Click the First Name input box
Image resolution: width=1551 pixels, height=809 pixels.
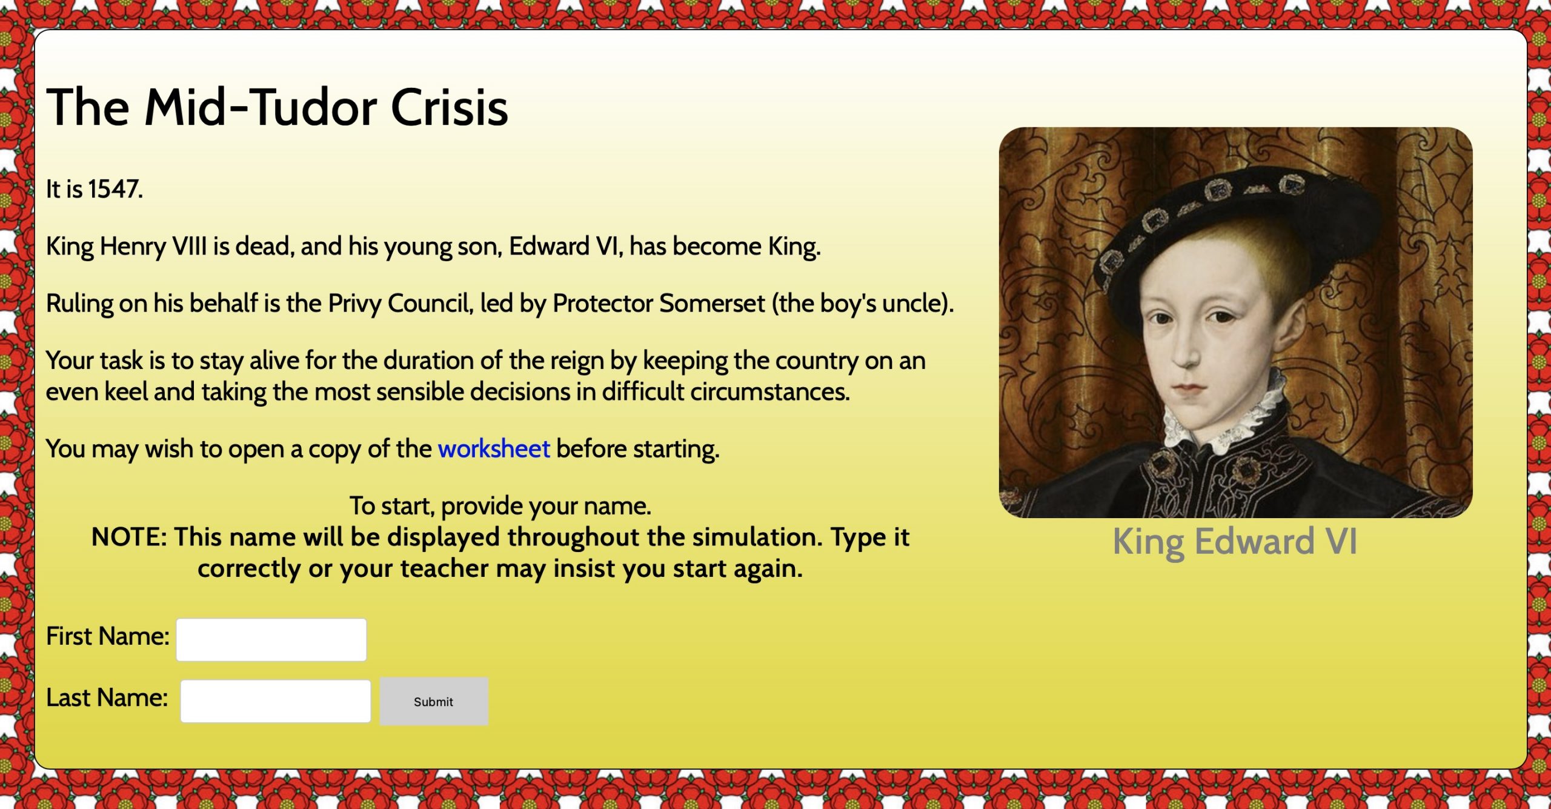[x=271, y=639]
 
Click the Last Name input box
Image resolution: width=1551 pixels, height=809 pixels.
[x=276, y=701]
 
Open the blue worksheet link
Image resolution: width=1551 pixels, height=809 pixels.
[x=494, y=449]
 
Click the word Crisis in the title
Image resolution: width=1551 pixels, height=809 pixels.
[x=450, y=107]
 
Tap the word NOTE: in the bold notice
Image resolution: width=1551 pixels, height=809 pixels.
[x=129, y=538]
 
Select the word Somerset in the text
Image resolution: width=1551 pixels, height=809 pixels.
[x=712, y=304]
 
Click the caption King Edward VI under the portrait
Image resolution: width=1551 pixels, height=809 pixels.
[x=1235, y=541]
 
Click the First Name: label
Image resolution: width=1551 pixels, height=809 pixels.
[x=108, y=636]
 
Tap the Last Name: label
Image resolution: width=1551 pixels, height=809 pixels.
[x=107, y=698]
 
